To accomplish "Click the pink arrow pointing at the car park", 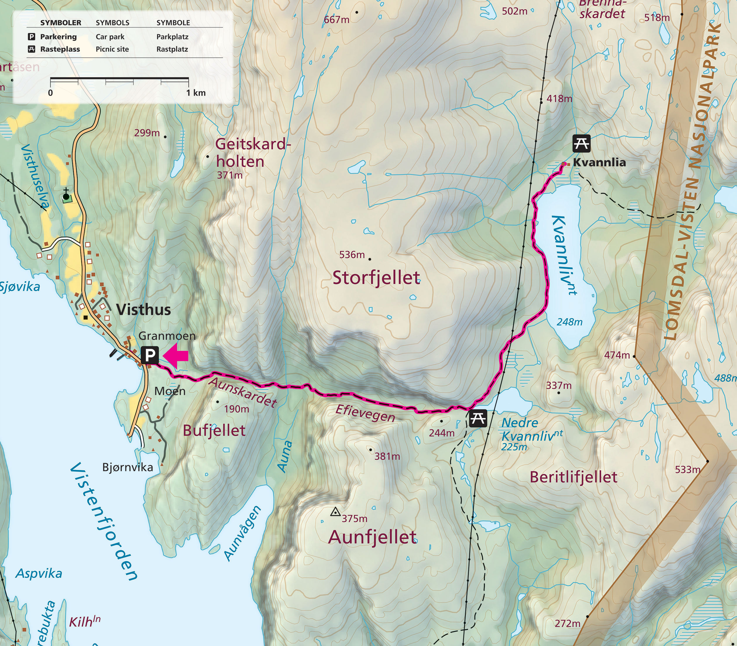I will [176, 356].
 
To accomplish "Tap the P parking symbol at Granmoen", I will [150, 355].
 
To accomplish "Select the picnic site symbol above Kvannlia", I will [581, 143].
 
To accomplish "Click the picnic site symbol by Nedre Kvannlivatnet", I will [478, 418].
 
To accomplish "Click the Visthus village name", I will [143, 310].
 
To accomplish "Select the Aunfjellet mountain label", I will [372, 537].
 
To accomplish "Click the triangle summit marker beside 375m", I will [336, 512].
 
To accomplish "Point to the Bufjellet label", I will [214, 431].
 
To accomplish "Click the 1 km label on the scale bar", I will [196, 93].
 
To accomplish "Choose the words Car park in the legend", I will [110, 37].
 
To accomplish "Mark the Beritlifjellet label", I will [573, 477].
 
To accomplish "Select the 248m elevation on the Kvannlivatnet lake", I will [569, 322].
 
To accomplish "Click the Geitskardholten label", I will [252, 153].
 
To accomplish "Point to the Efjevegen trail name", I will [365, 413].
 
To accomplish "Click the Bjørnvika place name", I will [128, 467].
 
